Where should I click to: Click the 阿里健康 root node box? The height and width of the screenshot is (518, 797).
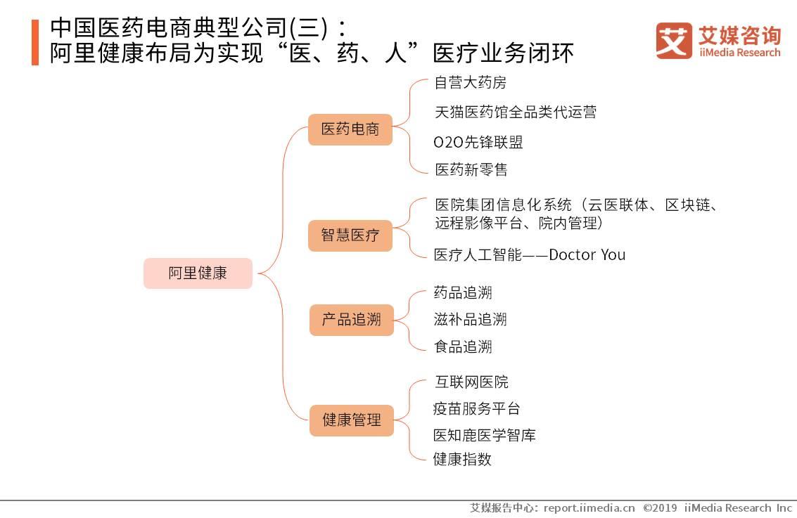tap(198, 273)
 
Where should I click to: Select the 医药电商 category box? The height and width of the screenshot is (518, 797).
tap(350, 129)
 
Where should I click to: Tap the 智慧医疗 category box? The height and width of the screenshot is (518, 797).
tap(350, 235)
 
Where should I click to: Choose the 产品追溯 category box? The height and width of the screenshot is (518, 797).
tap(351, 320)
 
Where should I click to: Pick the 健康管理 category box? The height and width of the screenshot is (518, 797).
tap(352, 420)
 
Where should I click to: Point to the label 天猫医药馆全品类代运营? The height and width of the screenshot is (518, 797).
tap(516, 112)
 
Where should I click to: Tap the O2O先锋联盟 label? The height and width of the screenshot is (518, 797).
tap(478, 142)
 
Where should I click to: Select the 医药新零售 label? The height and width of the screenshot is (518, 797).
tap(471, 169)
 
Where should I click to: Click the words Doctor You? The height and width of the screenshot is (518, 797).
tap(587, 254)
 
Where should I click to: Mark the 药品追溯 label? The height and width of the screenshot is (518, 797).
tap(462, 292)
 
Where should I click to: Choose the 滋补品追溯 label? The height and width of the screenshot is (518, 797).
tap(470, 320)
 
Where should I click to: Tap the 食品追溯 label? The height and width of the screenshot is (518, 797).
tap(462, 347)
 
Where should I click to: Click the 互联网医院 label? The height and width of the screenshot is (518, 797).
tap(471, 382)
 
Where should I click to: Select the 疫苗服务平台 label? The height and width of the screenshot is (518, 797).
tap(476, 408)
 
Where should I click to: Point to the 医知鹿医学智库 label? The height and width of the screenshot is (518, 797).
tap(484, 435)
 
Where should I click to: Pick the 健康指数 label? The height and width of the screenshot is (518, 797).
tap(462, 460)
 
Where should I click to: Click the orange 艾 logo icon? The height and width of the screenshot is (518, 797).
tap(674, 41)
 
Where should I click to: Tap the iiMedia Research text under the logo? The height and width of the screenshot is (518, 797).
tap(739, 53)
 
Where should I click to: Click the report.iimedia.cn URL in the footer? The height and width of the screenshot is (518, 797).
tap(589, 507)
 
